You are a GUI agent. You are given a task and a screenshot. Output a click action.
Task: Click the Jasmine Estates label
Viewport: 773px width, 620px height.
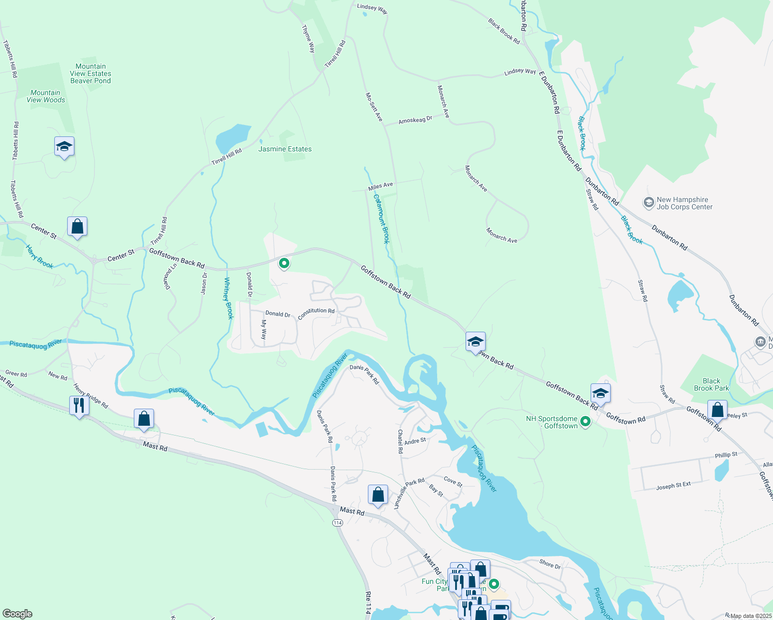tap(285, 149)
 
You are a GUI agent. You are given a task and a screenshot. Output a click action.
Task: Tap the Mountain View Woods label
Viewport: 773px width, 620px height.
tap(46, 97)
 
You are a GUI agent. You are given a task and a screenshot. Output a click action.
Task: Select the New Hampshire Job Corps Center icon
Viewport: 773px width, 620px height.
tap(648, 203)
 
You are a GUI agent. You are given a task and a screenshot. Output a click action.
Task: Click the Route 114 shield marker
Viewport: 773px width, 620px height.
tap(337, 523)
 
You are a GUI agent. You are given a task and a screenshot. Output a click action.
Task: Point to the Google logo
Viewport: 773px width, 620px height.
tap(17, 614)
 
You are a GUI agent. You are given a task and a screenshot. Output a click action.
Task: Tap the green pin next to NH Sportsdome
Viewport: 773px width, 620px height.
tap(585, 422)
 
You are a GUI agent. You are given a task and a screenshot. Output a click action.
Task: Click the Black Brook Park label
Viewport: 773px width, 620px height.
tap(711, 384)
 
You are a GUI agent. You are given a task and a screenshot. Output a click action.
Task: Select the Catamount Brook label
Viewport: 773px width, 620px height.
tap(382, 219)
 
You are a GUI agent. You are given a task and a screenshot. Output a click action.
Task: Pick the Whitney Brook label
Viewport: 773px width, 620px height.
tap(228, 298)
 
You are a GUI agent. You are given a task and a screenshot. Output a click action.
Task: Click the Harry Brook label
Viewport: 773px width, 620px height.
tap(40, 257)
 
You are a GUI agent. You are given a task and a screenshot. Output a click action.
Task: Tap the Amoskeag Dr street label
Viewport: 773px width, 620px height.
tap(415, 120)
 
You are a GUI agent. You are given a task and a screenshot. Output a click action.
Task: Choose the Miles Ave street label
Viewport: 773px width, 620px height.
tap(380, 186)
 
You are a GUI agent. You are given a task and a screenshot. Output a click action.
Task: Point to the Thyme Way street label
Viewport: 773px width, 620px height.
tap(308, 39)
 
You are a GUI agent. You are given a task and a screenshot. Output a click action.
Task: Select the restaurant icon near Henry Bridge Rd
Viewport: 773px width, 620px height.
tap(79, 405)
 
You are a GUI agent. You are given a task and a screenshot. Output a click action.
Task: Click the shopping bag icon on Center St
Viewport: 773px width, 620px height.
tap(77, 226)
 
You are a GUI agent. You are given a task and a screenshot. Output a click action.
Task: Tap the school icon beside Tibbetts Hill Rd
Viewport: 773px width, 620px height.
tap(64, 147)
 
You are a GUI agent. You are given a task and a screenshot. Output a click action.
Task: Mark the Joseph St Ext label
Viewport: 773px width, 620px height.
tap(673, 486)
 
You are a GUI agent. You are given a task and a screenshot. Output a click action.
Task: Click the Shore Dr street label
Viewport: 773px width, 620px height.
tap(550, 564)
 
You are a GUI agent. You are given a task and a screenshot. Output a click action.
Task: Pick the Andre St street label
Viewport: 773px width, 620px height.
tap(415, 441)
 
